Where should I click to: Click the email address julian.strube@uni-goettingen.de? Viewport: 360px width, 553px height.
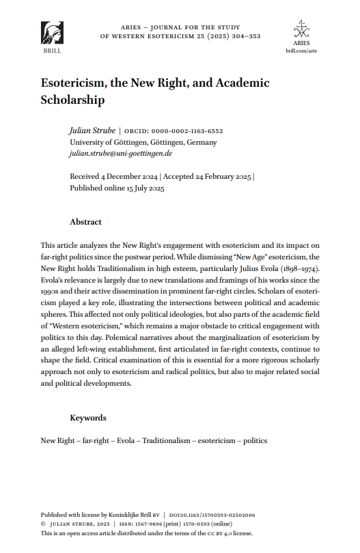tap(120, 154)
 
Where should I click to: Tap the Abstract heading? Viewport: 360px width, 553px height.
tap(85, 222)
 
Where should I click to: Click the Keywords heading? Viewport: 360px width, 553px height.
tap(87, 417)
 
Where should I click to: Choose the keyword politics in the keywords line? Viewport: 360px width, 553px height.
tap(254, 440)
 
